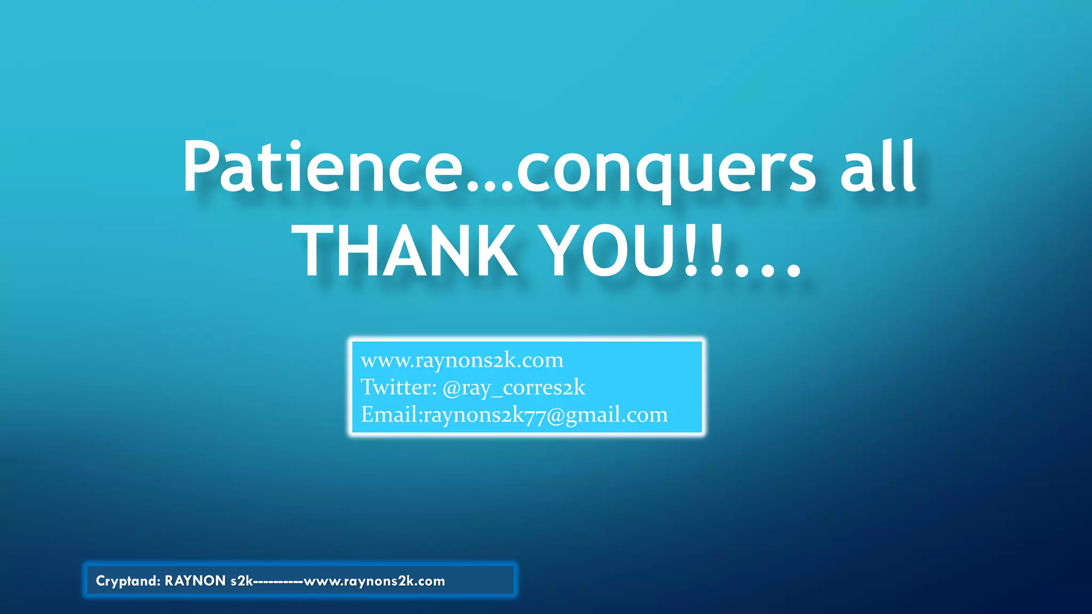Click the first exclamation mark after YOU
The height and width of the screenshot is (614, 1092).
pos(690,251)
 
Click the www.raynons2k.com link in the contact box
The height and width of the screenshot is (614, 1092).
pos(462,360)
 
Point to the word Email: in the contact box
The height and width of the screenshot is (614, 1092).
pos(391,415)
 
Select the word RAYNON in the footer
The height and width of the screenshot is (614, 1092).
pos(195,581)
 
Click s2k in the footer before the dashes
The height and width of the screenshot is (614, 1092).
pos(242,581)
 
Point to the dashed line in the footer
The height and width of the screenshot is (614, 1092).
pos(278,581)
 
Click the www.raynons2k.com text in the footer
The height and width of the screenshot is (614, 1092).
pos(374,581)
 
